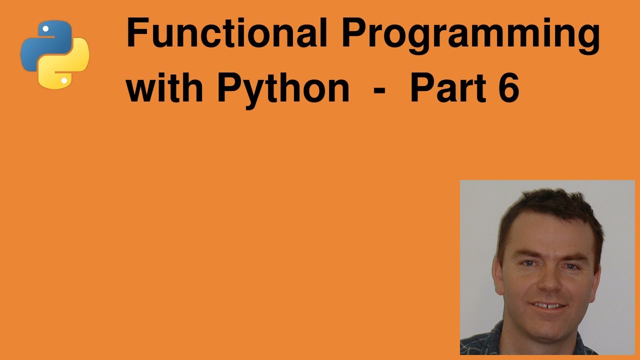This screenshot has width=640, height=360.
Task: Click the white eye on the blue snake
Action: click(45, 29)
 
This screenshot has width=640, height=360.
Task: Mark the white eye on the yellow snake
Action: click(64, 80)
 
